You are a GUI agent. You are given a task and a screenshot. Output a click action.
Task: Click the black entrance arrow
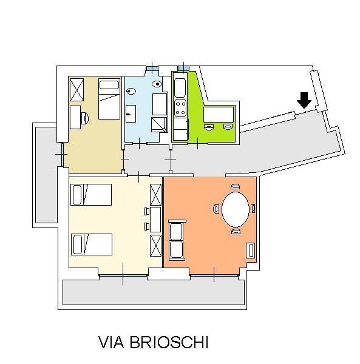pyautogui.click(x=304, y=100)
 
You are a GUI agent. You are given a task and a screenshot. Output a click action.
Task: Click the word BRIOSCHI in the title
pyautogui.click(x=169, y=342)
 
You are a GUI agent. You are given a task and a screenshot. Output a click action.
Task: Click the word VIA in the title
pyautogui.click(x=111, y=342)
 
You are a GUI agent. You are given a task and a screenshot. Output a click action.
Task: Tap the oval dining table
pyautogui.click(x=236, y=209)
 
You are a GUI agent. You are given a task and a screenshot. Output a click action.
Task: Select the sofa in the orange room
pyautogui.click(x=176, y=240)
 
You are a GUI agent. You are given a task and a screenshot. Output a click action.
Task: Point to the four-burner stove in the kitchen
pyautogui.click(x=180, y=109)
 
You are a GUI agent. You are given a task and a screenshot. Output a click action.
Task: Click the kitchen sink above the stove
pyautogui.click(x=180, y=88)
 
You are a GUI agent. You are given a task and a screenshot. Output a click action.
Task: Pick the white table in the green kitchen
pyautogui.click(x=219, y=114)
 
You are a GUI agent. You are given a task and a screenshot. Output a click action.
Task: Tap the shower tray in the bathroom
pyautogui.click(x=159, y=124)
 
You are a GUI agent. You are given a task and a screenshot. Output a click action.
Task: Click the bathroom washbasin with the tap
pyautogui.click(x=131, y=114)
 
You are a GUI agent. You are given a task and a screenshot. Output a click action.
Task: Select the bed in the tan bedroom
pyautogui.click(x=109, y=99)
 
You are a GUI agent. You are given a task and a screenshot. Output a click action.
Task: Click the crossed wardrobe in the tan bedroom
pyautogui.click(x=77, y=90)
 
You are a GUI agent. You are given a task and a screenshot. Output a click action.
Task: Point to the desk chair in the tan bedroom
pyautogui.click(x=85, y=118)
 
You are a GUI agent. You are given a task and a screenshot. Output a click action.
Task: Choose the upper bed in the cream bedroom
pyautogui.click(x=91, y=195)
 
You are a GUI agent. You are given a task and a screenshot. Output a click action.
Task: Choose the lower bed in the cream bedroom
pyautogui.click(x=92, y=244)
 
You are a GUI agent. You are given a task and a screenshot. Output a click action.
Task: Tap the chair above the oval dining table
pyautogui.click(x=236, y=187)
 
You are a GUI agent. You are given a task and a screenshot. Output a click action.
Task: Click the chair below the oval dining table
pyautogui.click(x=236, y=232)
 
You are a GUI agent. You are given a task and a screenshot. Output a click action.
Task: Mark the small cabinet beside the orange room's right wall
pyautogui.click(x=250, y=250)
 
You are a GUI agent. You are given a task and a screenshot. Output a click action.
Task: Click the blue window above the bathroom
pyautogui.click(x=152, y=69)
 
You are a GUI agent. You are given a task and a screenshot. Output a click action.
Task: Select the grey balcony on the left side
pyautogui.click(x=46, y=175)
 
